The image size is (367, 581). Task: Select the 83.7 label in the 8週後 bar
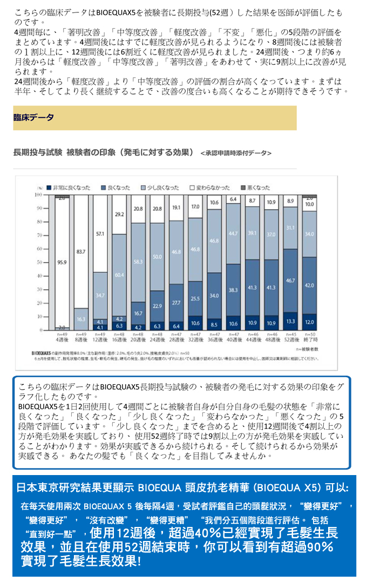[81, 252]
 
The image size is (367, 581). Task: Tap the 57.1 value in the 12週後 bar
[100, 235]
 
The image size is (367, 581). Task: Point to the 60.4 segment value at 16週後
[119, 276]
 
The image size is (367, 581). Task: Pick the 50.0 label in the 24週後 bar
[157, 256]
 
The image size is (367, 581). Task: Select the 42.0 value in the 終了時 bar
[309, 285]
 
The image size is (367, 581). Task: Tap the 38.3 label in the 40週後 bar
[233, 290]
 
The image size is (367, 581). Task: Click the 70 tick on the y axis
[39, 235]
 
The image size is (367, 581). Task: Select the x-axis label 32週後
[195, 340]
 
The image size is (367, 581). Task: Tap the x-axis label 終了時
[309, 340]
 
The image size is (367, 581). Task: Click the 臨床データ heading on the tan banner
[33, 117]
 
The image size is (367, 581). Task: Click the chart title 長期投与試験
[38, 152]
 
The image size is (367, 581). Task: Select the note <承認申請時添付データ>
[236, 153]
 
